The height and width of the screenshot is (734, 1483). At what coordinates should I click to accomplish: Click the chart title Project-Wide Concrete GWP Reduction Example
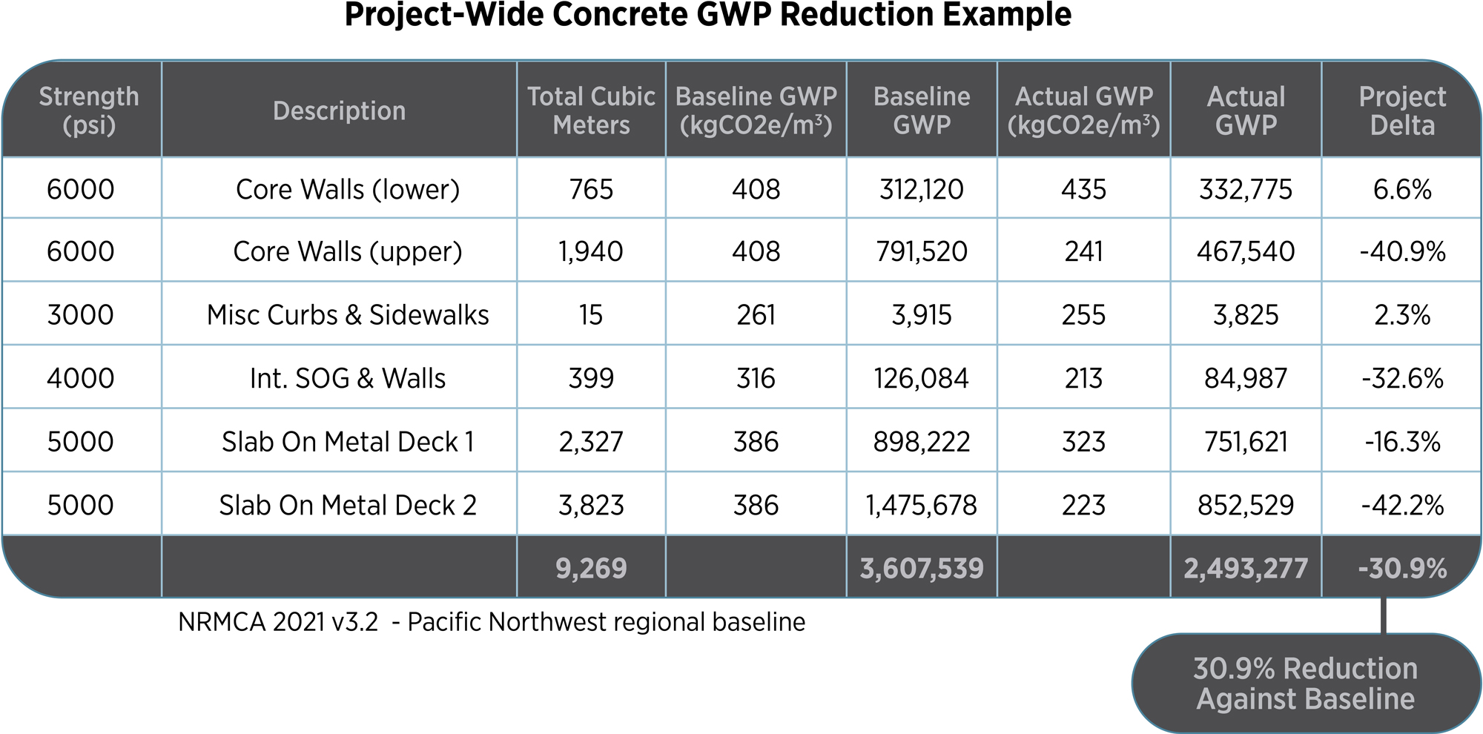[x=707, y=15]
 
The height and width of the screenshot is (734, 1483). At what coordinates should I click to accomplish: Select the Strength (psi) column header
[x=89, y=110]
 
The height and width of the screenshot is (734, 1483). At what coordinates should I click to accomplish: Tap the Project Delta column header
[x=1401, y=110]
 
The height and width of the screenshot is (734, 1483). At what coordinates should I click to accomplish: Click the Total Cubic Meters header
[x=591, y=110]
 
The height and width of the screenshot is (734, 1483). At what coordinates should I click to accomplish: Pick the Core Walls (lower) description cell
[x=347, y=190]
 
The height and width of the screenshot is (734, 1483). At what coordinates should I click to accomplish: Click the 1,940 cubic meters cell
[x=591, y=252]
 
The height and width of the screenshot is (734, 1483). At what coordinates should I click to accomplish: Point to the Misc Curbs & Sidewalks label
[x=347, y=315]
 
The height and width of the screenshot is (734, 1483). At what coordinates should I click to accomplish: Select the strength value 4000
[x=80, y=379]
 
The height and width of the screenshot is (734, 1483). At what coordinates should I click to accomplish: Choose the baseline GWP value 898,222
[x=921, y=443]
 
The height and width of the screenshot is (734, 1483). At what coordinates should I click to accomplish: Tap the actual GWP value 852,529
[x=1246, y=506]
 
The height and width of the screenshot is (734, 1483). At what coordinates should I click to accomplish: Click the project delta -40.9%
[x=1401, y=252]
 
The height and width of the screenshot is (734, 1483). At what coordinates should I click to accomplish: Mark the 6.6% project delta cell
[x=1401, y=190]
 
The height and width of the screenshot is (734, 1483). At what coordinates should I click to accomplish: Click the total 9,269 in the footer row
[x=591, y=569]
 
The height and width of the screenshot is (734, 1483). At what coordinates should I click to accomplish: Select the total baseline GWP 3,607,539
[x=921, y=569]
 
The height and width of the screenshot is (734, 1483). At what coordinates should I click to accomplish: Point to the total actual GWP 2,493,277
[x=1246, y=569]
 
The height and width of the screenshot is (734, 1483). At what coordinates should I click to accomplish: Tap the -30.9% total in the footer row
[x=1401, y=569]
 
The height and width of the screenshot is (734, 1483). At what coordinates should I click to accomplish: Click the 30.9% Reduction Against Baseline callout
[x=1305, y=684]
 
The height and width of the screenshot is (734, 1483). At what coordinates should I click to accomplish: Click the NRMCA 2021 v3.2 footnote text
[x=491, y=622]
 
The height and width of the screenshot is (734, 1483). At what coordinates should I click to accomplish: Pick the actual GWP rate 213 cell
[x=1083, y=379]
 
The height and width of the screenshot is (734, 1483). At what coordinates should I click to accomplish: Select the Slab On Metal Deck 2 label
[x=347, y=506]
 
